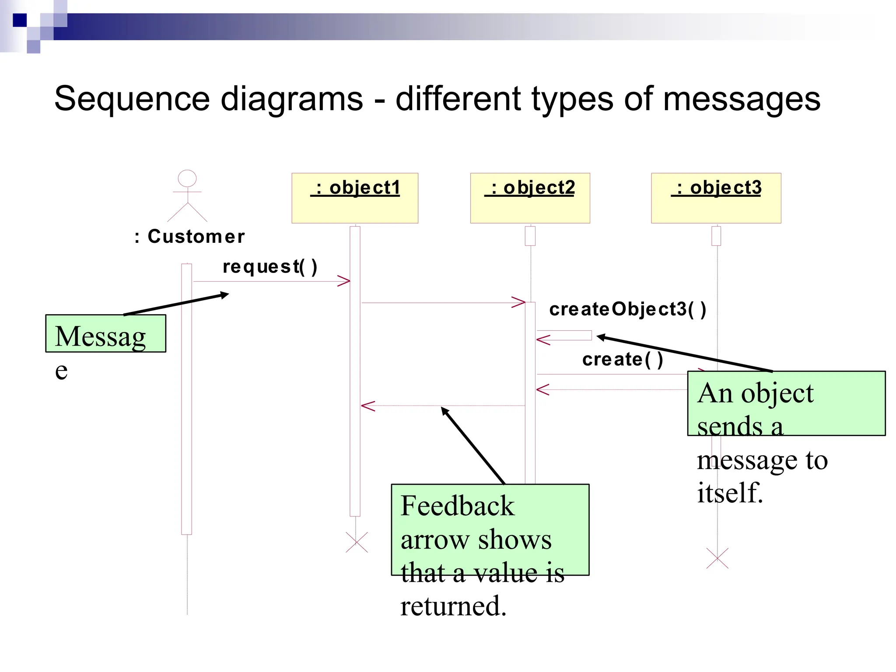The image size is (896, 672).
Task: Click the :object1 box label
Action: pyautogui.click(x=355, y=188)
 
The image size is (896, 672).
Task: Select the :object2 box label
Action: pyautogui.click(x=529, y=188)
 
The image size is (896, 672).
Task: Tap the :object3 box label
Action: pyautogui.click(x=716, y=188)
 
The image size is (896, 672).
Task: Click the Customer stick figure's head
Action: pyautogui.click(x=187, y=178)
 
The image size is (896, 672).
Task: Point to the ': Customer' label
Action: pyautogui.click(x=190, y=237)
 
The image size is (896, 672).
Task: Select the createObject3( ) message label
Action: pyautogui.click(x=627, y=309)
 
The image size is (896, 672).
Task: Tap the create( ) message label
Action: pyautogui.click(x=623, y=359)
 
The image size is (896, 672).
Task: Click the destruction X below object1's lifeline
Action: pyautogui.click(x=357, y=542)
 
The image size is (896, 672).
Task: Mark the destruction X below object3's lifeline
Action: pyautogui.click(x=717, y=558)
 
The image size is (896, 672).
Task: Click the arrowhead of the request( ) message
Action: pyautogui.click(x=344, y=281)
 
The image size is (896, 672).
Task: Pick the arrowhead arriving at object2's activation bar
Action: pyautogui.click(x=519, y=302)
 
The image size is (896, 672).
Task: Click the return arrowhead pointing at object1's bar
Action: pyautogui.click(x=367, y=406)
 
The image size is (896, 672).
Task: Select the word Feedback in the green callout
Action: pyautogui.click(x=457, y=506)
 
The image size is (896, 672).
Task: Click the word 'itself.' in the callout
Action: pyautogui.click(x=730, y=493)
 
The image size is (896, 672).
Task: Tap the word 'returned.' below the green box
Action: pyautogui.click(x=453, y=606)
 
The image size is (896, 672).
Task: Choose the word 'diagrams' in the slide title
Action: pyautogui.click(x=292, y=99)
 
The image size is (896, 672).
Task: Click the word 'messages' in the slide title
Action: pyautogui.click(x=742, y=99)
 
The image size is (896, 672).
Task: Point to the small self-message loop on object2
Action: pyautogui.click(x=564, y=336)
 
